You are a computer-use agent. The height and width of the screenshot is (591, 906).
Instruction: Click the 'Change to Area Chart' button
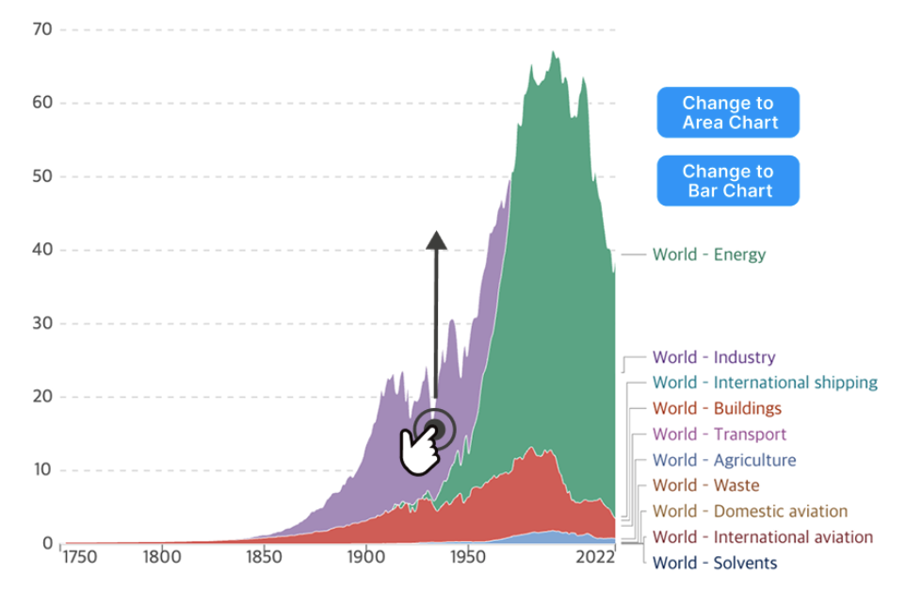728,113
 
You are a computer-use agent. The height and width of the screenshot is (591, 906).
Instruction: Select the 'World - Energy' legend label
709,254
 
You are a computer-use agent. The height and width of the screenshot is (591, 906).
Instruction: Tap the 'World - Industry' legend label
714,357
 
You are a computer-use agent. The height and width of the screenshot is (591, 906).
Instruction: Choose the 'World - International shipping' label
765,383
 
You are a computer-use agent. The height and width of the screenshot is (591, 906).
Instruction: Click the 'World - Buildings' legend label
717,408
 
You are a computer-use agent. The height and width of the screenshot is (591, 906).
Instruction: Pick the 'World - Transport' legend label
719,435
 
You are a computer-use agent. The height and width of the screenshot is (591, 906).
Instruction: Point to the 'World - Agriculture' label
723,460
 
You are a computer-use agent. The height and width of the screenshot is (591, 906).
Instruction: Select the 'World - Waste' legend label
705,485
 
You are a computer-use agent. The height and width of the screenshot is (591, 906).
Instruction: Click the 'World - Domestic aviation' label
750,512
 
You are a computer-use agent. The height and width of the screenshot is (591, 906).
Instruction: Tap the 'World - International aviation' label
763,537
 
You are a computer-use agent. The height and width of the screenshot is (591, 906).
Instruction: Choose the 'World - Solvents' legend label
715,563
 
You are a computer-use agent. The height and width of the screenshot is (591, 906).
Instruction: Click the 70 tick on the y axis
42,30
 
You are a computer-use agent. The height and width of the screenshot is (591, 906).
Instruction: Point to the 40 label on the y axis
42,251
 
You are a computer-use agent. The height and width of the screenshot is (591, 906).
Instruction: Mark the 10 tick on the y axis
42,470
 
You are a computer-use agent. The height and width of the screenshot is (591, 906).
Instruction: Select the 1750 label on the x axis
79,557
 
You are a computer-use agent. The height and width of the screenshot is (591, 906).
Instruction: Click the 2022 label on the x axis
595,557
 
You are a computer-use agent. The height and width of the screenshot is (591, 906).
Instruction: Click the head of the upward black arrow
436,239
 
